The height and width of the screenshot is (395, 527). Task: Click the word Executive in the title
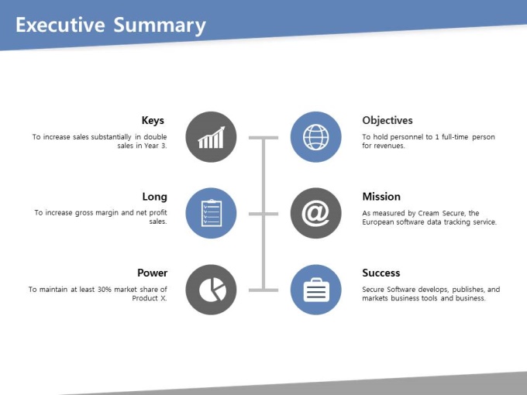point(60,25)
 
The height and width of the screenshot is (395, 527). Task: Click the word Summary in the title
point(160,26)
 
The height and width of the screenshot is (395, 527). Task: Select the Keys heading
point(153,121)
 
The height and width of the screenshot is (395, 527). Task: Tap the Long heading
point(154,197)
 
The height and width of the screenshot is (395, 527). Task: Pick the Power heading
point(152,273)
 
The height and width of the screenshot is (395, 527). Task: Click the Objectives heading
point(387,121)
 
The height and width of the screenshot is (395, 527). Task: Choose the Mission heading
point(381,197)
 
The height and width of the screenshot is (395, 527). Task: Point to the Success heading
point(381,273)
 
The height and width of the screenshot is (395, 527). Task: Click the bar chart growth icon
point(211,137)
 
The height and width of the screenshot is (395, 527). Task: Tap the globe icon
point(316,137)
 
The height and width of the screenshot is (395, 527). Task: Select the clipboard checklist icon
point(211,213)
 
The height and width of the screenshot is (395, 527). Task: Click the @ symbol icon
point(316,213)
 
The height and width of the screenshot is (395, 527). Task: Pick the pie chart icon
point(212,290)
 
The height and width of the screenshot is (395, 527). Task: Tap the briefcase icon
point(316,290)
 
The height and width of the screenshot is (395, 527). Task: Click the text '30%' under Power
point(104,290)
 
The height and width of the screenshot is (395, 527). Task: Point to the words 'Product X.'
point(150,298)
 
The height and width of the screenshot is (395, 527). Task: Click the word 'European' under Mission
point(377,222)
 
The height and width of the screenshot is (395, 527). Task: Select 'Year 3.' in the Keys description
point(156,146)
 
